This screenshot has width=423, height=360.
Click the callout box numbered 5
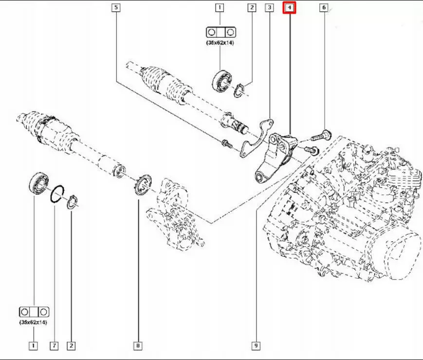tap(115, 8)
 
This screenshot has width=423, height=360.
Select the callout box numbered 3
tap(269, 8)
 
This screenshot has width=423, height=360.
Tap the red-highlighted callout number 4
tap(290, 8)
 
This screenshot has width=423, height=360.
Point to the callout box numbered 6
tap(324, 8)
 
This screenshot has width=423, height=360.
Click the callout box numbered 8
tap(138, 346)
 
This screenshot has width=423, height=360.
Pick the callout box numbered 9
tap(255, 346)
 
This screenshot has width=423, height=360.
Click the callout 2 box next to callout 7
tap(71, 346)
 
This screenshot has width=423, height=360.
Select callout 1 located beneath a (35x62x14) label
tap(33, 346)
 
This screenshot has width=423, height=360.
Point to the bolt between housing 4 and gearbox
tap(312, 150)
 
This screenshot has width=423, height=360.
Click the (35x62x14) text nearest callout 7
tap(34, 322)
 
